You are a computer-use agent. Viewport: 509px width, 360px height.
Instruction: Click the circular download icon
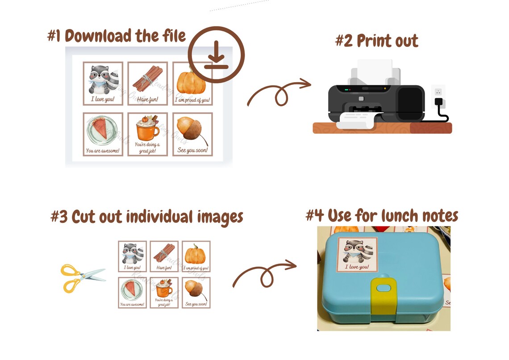tap(216, 54)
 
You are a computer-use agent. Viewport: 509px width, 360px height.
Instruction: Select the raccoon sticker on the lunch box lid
tap(358, 254)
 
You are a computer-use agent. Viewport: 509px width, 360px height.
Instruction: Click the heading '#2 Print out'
tap(376, 41)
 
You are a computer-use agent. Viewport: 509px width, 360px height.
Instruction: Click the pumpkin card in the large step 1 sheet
tap(192, 84)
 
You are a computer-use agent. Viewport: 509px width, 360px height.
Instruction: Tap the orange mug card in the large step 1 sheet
tap(147, 134)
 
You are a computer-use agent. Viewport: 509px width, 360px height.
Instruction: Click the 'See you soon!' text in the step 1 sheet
tap(192, 150)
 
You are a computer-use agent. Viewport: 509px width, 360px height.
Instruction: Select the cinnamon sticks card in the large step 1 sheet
tap(147, 84)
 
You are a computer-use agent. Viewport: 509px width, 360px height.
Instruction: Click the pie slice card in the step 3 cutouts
tap(132, 293)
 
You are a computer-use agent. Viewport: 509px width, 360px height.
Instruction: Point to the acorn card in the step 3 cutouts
tap(196, 293)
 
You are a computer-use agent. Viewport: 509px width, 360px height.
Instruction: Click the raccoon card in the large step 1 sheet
tap(103, 84)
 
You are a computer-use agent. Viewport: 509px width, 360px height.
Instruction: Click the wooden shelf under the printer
tap(382, 129)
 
